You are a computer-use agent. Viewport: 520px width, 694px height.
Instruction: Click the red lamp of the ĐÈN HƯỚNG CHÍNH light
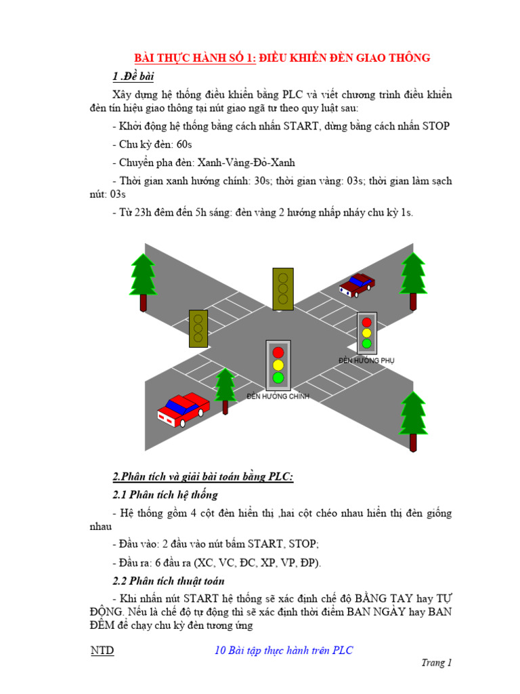pyautogui.click(x=278, y=352)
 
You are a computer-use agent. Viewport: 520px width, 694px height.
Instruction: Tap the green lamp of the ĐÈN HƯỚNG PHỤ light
pyautogui.click(x=366, y=344)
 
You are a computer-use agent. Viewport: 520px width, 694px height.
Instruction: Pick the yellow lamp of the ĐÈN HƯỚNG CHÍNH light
pyautogui.click(x=278, y=365)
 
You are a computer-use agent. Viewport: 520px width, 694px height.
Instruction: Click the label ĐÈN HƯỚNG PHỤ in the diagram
pyautogui.click(x=366, y=361)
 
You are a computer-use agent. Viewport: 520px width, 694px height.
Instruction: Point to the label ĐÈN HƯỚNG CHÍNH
pyautogui.click(x=278, y=396)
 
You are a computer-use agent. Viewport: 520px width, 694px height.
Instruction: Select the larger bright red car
pyautogui.click(x=183, y=409)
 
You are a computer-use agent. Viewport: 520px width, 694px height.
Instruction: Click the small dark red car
pyautogui.click(x=357, y=285)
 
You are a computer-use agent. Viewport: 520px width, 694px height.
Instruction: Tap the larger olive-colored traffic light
pyautogui.click(x=283, y=289)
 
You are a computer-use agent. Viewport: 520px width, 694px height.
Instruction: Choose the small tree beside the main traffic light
pyautogui.click(x=225, y=390)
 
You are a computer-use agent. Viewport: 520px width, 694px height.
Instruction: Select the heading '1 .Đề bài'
pyautogui.click(x=133, y=76)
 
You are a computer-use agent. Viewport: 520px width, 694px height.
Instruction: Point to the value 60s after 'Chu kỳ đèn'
pyautogui.click(x=184, y=144)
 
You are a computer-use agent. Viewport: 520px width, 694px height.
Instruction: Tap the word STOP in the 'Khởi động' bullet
pyautogui.click(x=436, y=127)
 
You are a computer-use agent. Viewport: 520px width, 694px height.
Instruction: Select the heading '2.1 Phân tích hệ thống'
pyautogui.click(x=165, y=495)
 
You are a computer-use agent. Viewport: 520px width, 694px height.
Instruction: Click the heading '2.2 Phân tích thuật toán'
pyautogui.click(x=168, y=581)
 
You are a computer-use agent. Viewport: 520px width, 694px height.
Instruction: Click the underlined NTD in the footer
pyautogui.click(x=102, y=651)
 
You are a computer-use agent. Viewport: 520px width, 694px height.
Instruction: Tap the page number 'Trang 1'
pyautogui.click(x=435, y=664)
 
